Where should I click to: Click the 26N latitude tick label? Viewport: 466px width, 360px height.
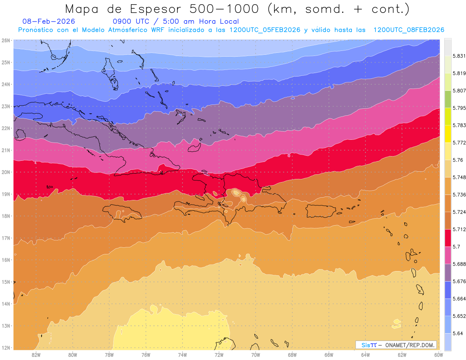[5, 40]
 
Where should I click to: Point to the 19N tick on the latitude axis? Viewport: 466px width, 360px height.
[5, 194]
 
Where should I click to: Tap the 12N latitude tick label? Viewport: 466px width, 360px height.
[5, 348]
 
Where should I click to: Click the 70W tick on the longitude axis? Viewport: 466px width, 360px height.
[256, 355]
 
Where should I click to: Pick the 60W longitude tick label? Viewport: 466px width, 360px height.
[438, 355]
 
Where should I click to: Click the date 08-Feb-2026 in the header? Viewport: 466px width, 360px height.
[49, 21]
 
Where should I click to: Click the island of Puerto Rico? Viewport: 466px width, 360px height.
[321, 211]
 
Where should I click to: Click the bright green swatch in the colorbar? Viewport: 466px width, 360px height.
[448, 99]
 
